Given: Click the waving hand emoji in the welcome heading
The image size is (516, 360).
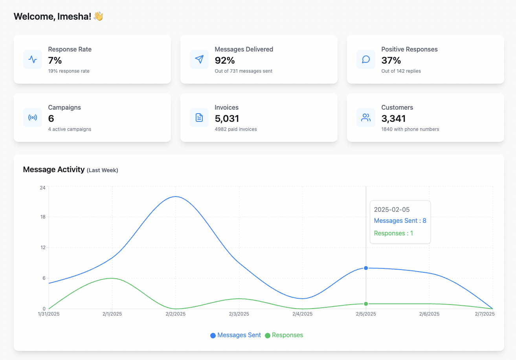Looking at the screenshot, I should pos(98,17).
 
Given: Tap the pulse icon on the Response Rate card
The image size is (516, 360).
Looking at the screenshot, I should pos(33,59).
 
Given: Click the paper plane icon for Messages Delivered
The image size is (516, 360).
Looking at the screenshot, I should pos(199,59).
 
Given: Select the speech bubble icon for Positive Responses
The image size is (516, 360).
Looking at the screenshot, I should pos(366,59).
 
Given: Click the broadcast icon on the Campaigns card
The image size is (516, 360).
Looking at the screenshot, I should pos(33,118).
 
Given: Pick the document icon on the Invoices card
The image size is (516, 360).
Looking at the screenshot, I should pos(199,118).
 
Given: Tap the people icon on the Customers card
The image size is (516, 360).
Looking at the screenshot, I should pos(366,118).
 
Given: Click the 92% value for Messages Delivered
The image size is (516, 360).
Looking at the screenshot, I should pos(225,61).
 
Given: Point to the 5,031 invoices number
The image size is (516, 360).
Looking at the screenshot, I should pos(227,119).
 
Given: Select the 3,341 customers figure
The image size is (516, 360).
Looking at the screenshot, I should pos(393,119).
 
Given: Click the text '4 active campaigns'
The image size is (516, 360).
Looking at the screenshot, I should pos(70,129).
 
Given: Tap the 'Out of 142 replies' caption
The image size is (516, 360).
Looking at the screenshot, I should pos(401,71).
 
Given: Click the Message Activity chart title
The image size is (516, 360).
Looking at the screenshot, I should pos(54,170).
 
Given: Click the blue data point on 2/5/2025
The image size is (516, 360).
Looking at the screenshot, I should pos(366,268).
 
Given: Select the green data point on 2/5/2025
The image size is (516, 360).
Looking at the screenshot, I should pos(366,304).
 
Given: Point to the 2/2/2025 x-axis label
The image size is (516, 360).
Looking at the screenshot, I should pos(175,314).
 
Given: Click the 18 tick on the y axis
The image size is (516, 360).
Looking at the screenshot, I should pos(42,217).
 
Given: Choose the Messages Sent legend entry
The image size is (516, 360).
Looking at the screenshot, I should pos(235,335).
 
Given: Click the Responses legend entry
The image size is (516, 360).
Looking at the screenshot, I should pos(284,335).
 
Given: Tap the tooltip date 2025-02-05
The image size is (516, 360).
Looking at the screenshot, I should pos(392,209).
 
